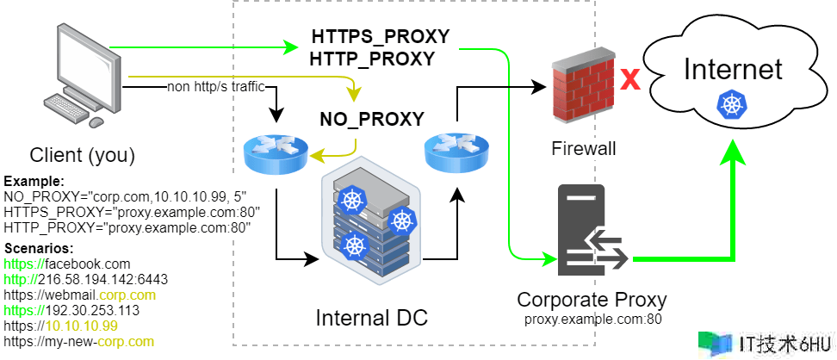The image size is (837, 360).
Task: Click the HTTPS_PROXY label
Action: click(x=380, y=37)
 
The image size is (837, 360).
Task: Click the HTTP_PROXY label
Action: click(x=371, y=58)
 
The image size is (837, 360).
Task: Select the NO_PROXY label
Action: click(x=372, y=119)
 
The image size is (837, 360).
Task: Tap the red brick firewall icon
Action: click(x=583, y=87)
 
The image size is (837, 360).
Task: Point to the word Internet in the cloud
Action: click(x=733, y=69)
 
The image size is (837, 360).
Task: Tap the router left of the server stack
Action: click(x=275, y=154)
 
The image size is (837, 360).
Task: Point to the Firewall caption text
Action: click(x=583, y=149)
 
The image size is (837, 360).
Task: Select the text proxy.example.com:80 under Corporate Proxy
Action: click(x=592, y=319)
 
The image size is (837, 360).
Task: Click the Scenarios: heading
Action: click(x=38, y=248)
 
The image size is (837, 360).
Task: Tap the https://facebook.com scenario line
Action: click(x=67, y=263)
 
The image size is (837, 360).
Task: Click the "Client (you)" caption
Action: click(x=82, y=156)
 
